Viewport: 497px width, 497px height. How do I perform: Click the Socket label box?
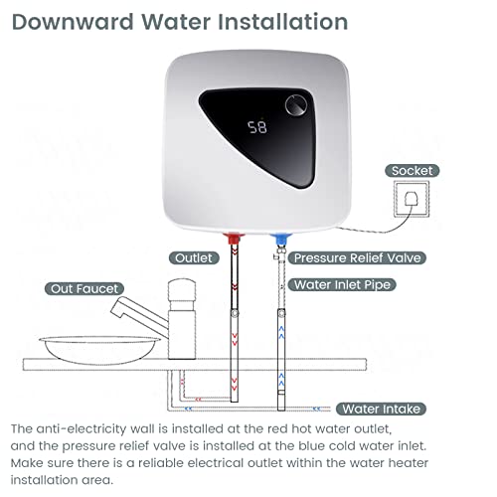pyautogui.click(x=412, y=171)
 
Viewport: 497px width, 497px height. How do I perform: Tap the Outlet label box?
pyautogui.click(x=195, y=257)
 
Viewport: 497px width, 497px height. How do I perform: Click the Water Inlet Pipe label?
pyautogui.click(x=344, y=284)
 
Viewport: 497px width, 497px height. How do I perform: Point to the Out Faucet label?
pyautogui.click(x=81, y=288)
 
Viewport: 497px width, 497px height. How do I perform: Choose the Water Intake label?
pyautogui.click(x=382, y=409)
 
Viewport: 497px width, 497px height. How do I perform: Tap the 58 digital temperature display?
pyautogui.click(x=257, y=128)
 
